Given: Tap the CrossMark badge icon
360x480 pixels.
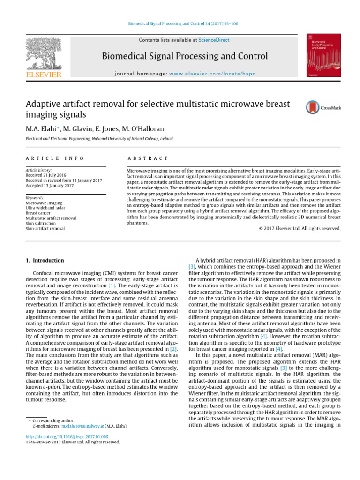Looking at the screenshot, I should click(323, 107).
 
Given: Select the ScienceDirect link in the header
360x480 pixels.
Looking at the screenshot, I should click(214, 40).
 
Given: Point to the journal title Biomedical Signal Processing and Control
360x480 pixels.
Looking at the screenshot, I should click(185, 57).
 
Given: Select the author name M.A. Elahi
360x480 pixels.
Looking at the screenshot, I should click(42, 128).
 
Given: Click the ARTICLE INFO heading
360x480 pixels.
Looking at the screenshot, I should click(55, 159).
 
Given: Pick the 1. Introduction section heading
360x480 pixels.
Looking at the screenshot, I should click(45, 260).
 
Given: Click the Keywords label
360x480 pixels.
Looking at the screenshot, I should click(35, 198).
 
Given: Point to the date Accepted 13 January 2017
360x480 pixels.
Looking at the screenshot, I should click(50, 186).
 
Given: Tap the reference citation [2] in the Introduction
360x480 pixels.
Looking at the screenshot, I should click(174, 348).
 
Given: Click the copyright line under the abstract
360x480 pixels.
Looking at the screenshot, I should click(300, 228).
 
